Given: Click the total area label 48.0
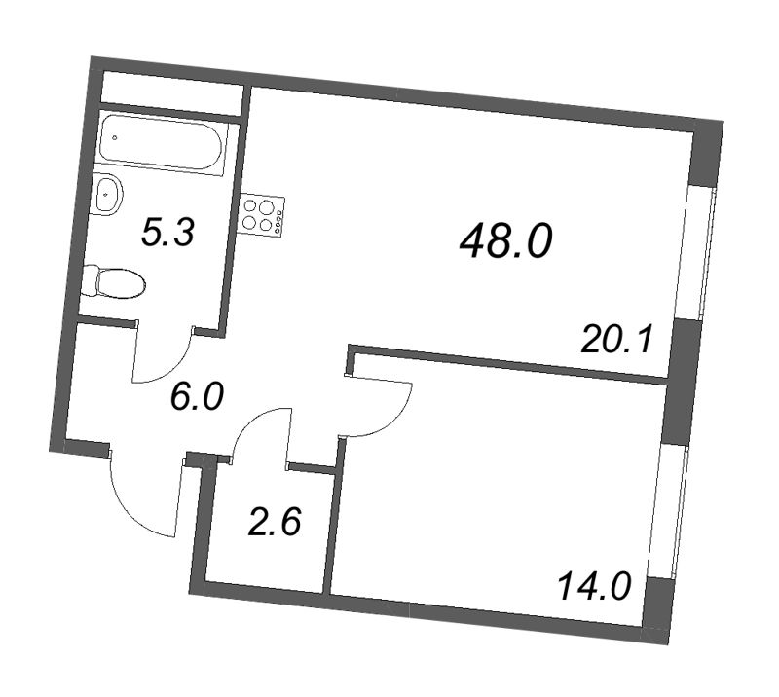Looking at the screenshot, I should point(505,239).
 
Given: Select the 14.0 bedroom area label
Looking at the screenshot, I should point(595,588).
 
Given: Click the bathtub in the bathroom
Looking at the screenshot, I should point(166,143).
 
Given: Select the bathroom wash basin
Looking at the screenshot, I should point(109,194).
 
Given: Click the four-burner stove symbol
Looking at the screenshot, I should point(264,215).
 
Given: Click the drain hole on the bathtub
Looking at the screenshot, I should point(116,138).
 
